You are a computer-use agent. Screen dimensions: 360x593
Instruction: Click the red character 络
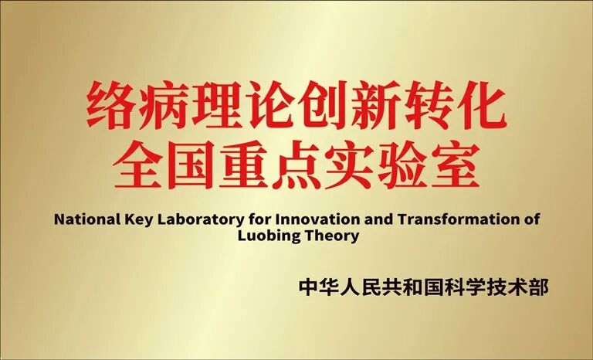[110, 107]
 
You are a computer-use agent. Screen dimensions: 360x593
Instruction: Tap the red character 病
[162, 107]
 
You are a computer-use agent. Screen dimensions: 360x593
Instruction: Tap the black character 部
[539, 287]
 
